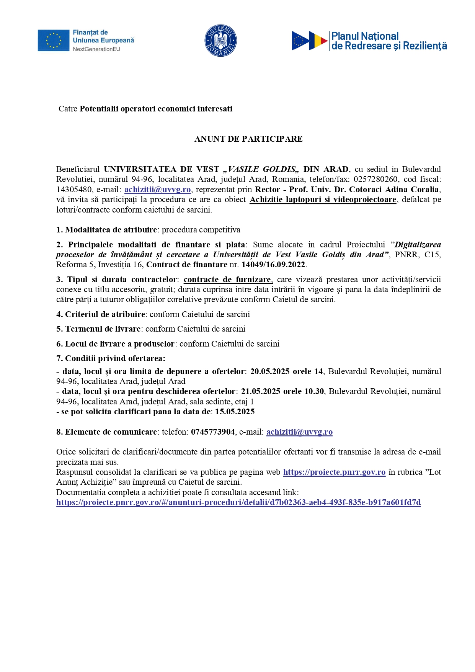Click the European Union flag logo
tap(53, 41)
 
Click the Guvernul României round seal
tap(220, 41)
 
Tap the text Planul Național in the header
tap(365, 36)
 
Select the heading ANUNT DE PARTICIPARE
tap(248, 139)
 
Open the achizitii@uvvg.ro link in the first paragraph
tap(157, 190)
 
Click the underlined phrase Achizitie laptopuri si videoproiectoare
tap(323, 199)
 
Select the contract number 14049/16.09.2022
tap(273, 265)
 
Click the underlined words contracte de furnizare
tap(228, 280)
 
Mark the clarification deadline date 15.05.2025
tap(235, 412)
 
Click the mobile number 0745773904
tap(213, 432)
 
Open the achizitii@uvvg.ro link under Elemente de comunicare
tap(299, 432)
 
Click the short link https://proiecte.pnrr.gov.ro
tap(334, 472)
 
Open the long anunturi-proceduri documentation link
tap(238, 502)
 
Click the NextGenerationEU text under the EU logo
tap(96, 49)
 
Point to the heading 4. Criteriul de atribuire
tap(101, 314)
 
